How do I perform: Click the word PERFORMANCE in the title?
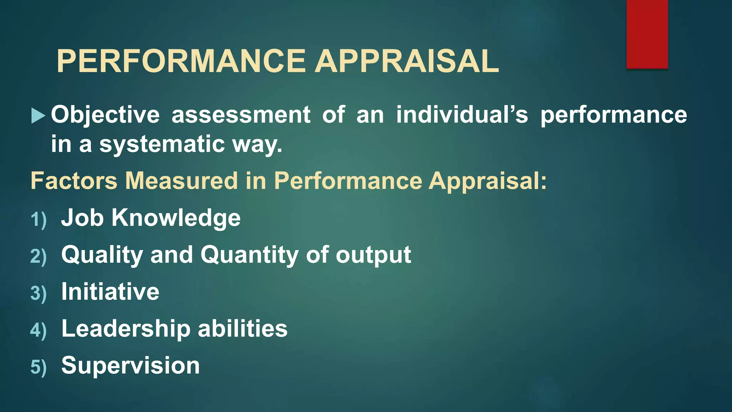tap(181, 61)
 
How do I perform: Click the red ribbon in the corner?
tap(647, 34)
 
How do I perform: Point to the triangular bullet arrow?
tap(38, 116)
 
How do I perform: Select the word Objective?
tap(105, 115)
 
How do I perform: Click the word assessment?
tap(241, 115)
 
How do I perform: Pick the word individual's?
tap(462, 115)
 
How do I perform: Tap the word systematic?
tap(162, 144)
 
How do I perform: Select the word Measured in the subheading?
tap(181, 181)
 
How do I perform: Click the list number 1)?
tap(39, 220)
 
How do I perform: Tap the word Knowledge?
tap(176, 218)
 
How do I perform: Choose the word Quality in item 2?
tap(102, 255)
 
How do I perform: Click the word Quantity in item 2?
tap(249, 255)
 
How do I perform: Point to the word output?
tap(373, 255)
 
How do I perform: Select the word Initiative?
tap(110, 292)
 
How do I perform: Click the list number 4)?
tap(39, 330)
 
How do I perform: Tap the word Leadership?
tap(126, 329)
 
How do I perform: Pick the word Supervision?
tap(130, 366)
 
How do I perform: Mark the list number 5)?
tap(39, 367)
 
